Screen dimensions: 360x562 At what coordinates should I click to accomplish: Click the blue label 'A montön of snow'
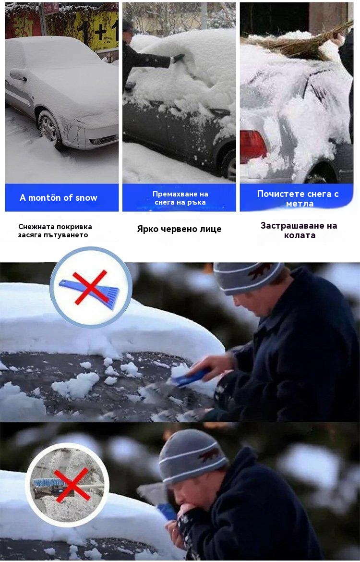coord(59,197)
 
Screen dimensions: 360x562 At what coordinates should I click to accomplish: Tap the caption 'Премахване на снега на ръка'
coord(180,198)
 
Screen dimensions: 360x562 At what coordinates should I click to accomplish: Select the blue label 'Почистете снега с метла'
coord(298,198)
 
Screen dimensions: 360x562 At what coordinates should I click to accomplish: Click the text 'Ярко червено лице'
coord(179,229)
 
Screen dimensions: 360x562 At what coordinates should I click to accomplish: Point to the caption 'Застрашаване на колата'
coord(299,231)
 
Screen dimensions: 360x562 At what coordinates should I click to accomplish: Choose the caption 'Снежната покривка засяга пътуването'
coord(55,231)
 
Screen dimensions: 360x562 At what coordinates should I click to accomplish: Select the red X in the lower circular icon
coord(72,485)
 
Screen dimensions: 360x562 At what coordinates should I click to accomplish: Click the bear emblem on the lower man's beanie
coord(209,455)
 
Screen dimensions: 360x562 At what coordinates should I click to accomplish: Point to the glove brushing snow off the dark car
coord(179,58)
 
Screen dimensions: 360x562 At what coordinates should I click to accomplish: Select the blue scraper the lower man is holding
coord(167,511)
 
